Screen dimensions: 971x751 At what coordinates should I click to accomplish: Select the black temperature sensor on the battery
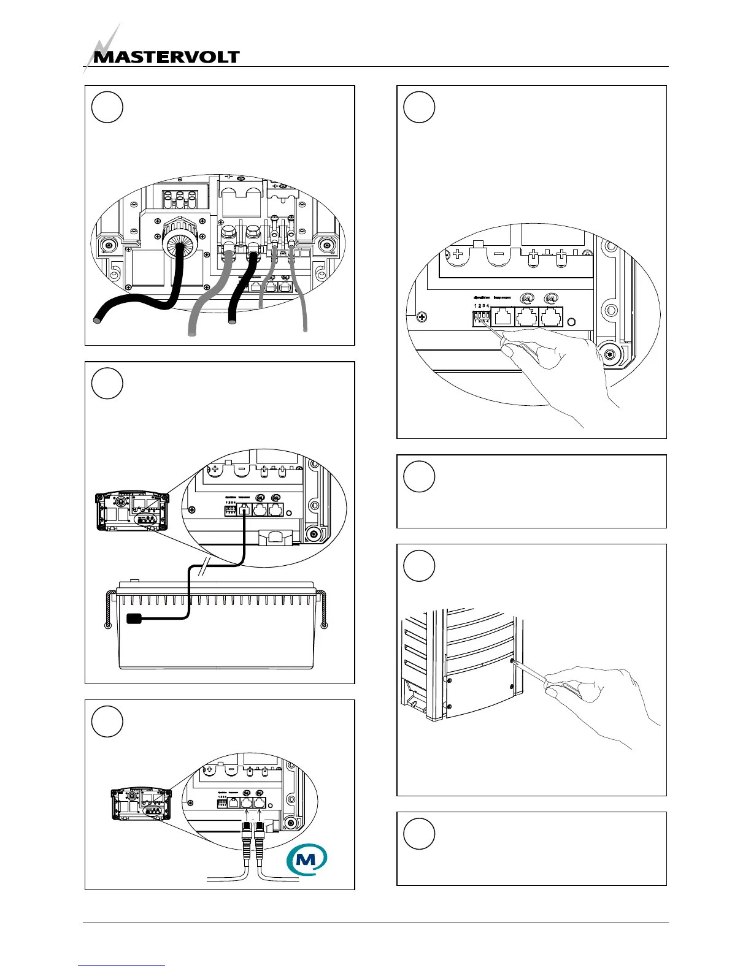point(134,619)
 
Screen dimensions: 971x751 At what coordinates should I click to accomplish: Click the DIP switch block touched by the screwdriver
point(482,318)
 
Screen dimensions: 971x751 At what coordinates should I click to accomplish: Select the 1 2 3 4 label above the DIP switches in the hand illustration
point(482,305)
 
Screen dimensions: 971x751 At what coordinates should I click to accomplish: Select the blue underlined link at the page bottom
point(121,966)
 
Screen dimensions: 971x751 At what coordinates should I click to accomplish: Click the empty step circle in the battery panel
point(107,384)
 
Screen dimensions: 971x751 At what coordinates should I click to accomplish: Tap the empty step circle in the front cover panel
point(419,566)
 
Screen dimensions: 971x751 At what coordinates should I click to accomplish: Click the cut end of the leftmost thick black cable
point(97,320)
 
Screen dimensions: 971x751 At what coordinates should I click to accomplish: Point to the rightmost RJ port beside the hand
point(552,318)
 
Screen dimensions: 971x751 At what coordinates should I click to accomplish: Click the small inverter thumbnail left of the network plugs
point(140,804)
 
